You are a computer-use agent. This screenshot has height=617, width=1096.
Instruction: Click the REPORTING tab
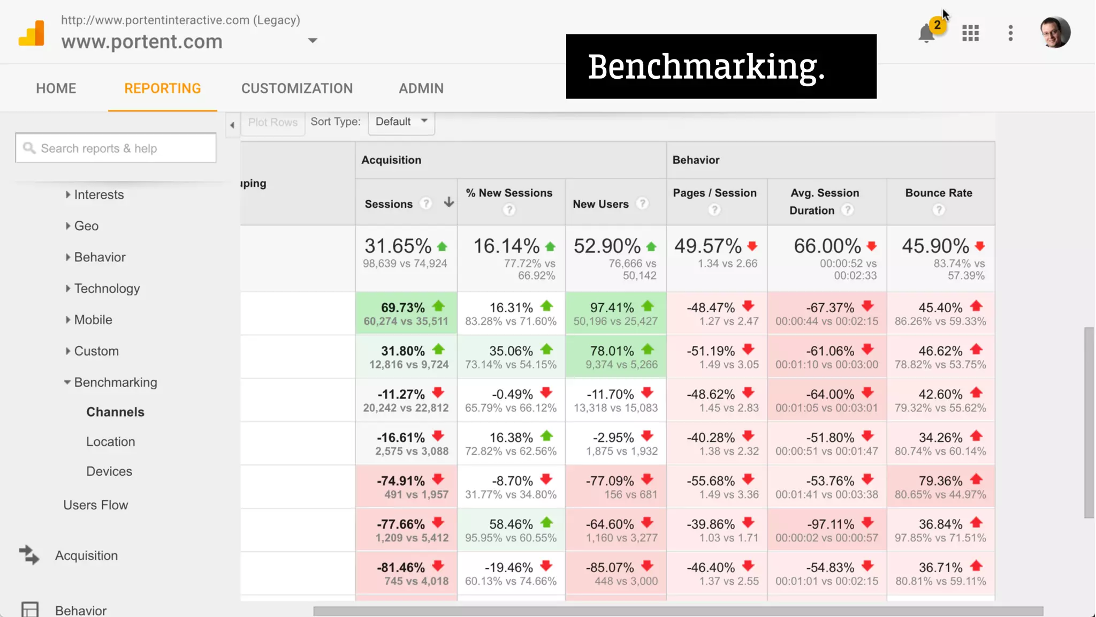163,88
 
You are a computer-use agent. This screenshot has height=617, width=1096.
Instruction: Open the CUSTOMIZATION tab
297,88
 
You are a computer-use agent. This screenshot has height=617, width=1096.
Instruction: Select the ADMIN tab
421,88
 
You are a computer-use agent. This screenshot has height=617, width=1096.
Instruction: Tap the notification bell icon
927,33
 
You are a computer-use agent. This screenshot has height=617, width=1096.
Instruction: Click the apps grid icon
970,33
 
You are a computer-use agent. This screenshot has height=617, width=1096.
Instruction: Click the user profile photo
1055,32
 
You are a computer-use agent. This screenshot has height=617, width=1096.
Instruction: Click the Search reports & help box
116,148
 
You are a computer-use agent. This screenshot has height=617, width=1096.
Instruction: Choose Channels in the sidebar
116,412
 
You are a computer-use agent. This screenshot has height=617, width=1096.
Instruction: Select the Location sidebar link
111,442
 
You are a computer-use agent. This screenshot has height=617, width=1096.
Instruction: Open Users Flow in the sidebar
96,505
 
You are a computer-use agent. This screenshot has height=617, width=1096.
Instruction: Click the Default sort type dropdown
401,122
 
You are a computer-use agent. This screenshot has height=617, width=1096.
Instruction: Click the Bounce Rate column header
939,193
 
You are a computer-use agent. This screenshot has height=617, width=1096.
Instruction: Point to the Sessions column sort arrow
449,202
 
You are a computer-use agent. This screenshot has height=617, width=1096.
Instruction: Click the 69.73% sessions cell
403,308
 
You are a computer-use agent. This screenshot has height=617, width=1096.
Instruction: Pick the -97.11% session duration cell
831,524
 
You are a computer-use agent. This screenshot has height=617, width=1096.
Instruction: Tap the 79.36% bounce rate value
940,481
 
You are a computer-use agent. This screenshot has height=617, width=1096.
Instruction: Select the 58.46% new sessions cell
511,524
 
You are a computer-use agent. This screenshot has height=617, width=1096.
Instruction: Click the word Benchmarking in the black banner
706,67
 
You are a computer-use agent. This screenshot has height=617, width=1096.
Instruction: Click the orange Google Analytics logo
32,33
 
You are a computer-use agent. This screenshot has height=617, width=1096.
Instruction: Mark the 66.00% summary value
827,246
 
